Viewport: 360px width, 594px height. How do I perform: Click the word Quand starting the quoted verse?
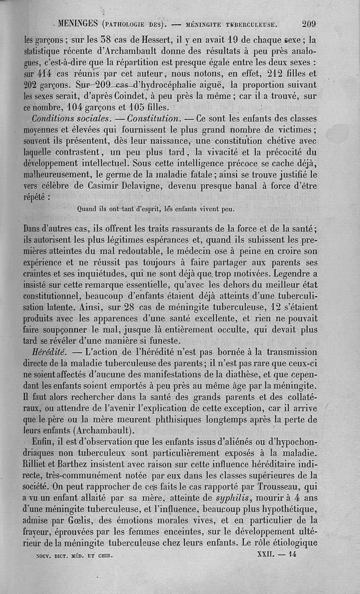[x=88, y=209]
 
